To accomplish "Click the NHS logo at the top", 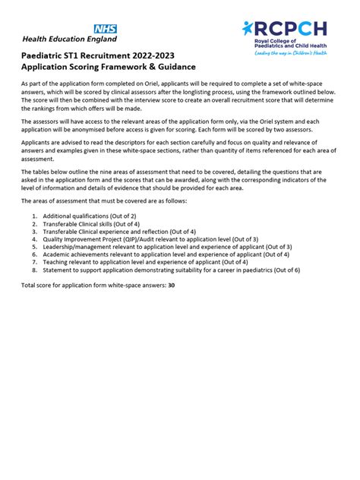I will [104, 28].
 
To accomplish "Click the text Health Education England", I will [70, 39].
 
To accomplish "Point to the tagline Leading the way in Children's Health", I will [290, 53].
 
